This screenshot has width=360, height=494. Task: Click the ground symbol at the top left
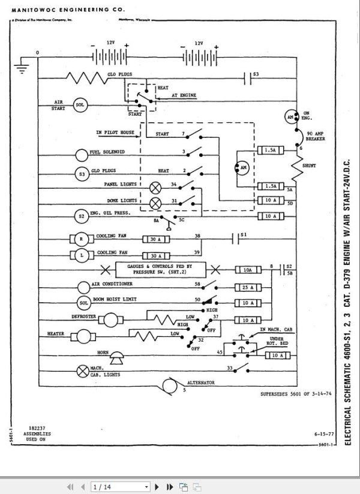click(x=22, y=68)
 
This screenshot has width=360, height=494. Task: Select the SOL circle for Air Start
click(x=80, y=106)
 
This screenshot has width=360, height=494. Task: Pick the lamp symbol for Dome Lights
click(x=155, y=202)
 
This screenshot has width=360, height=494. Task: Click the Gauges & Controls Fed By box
click(x=159, y=269)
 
